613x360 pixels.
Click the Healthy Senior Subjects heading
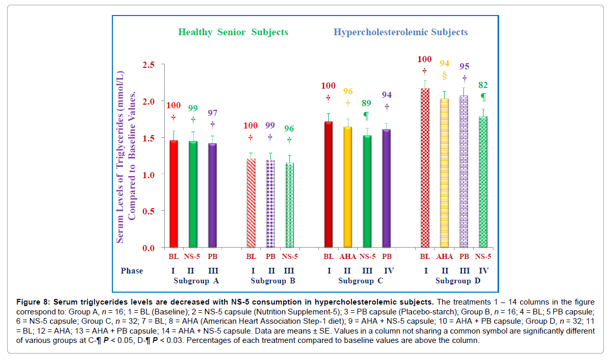coord(233,32)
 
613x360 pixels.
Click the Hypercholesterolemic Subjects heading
coord(400,32)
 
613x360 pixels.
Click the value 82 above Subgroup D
coord(483,85)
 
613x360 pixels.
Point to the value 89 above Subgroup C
coord(367,103)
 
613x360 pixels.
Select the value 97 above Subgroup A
coord(212,113)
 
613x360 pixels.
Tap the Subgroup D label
coord(453,281)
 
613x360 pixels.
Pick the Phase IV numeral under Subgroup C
coord(386,271)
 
